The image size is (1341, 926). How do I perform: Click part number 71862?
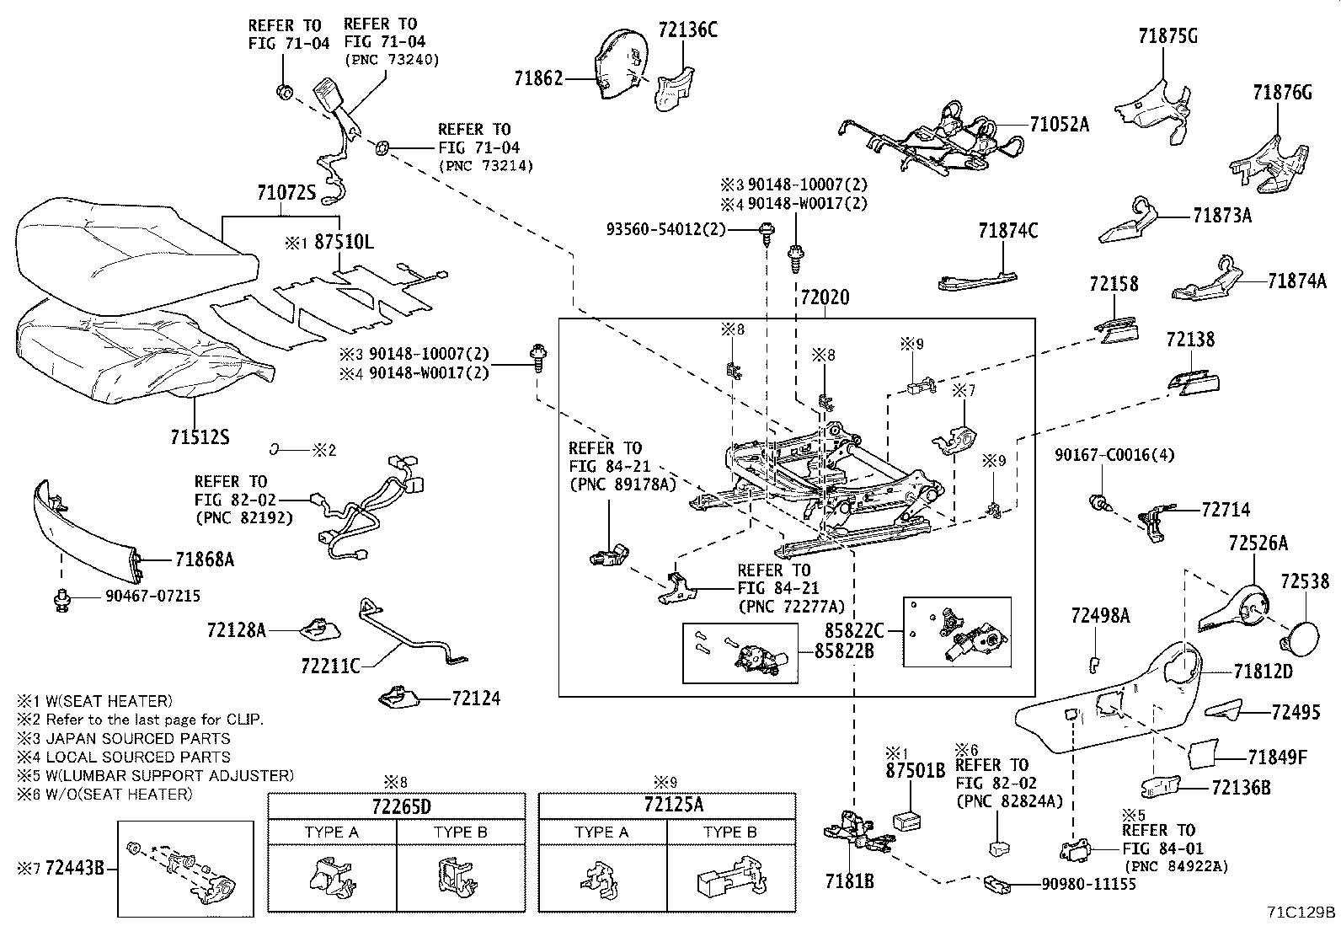point(538,79)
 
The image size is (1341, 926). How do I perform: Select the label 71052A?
point(1059,125)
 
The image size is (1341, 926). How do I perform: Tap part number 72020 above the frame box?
point(825,297)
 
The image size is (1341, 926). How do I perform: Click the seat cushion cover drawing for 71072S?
point(135,241)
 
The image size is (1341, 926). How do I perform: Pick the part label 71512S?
point(200,437)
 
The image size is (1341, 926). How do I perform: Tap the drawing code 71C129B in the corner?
point(1301,912)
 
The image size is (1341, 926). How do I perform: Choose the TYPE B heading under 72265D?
point(460,832)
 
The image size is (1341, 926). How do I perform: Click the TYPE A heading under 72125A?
point(602,832)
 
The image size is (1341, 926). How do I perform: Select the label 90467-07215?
point(152,596)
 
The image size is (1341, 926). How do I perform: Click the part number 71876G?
point(1282,93)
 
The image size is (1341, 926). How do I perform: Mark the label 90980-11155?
point(1087,884)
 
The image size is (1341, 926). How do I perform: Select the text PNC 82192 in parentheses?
point(243,517)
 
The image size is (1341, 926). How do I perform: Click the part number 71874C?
point(1007,231)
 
